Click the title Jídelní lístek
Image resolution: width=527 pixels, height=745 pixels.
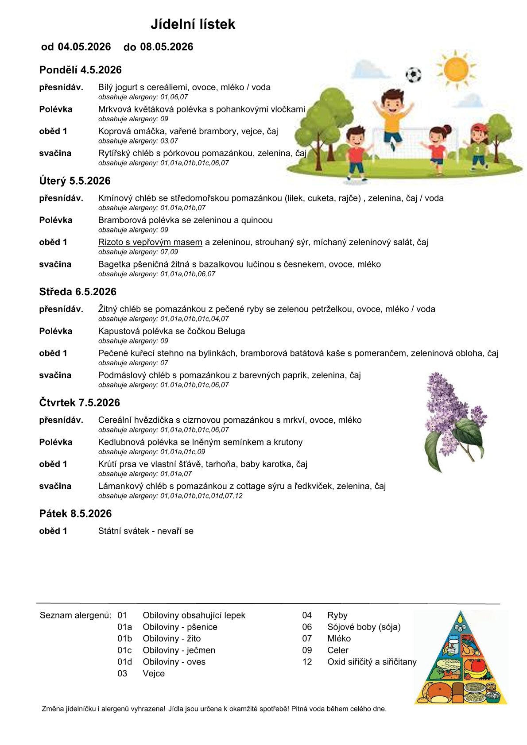[193, 24]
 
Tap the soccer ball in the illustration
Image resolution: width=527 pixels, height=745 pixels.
[413, 75]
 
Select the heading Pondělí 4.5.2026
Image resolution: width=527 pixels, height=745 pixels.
[80, 70]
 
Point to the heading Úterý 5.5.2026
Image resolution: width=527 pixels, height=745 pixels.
[74, 181]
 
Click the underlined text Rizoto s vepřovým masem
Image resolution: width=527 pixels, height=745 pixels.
[150, 242]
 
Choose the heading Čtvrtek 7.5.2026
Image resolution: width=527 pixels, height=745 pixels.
[79, 403]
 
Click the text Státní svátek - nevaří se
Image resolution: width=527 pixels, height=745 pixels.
[146, 531]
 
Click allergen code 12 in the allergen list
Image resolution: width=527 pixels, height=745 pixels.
[307, 662]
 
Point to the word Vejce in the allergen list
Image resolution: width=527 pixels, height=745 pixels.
[154, 673]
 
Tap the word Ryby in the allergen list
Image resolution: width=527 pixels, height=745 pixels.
[337, 615]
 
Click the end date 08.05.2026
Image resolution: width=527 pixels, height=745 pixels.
[167, 47]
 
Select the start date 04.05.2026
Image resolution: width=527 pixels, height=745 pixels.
[84, 47]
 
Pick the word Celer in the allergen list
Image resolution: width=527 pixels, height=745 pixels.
[337, 650]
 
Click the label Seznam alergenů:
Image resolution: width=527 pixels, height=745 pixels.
[76, 615]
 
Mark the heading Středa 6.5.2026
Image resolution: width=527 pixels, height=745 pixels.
[77, 292]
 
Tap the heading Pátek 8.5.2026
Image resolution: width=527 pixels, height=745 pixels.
[75, 513]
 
